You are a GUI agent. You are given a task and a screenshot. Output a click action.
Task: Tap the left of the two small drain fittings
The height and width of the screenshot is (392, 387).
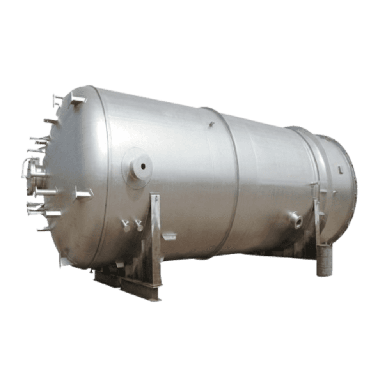[x=126, y=225]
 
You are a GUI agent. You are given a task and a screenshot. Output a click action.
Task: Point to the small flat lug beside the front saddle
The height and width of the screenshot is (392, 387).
[x=169, y=236]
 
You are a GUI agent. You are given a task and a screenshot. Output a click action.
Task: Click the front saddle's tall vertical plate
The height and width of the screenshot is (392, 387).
[x=154, y=234]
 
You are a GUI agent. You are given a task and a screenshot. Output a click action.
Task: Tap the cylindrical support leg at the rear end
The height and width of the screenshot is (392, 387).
[x=325, y=260]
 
